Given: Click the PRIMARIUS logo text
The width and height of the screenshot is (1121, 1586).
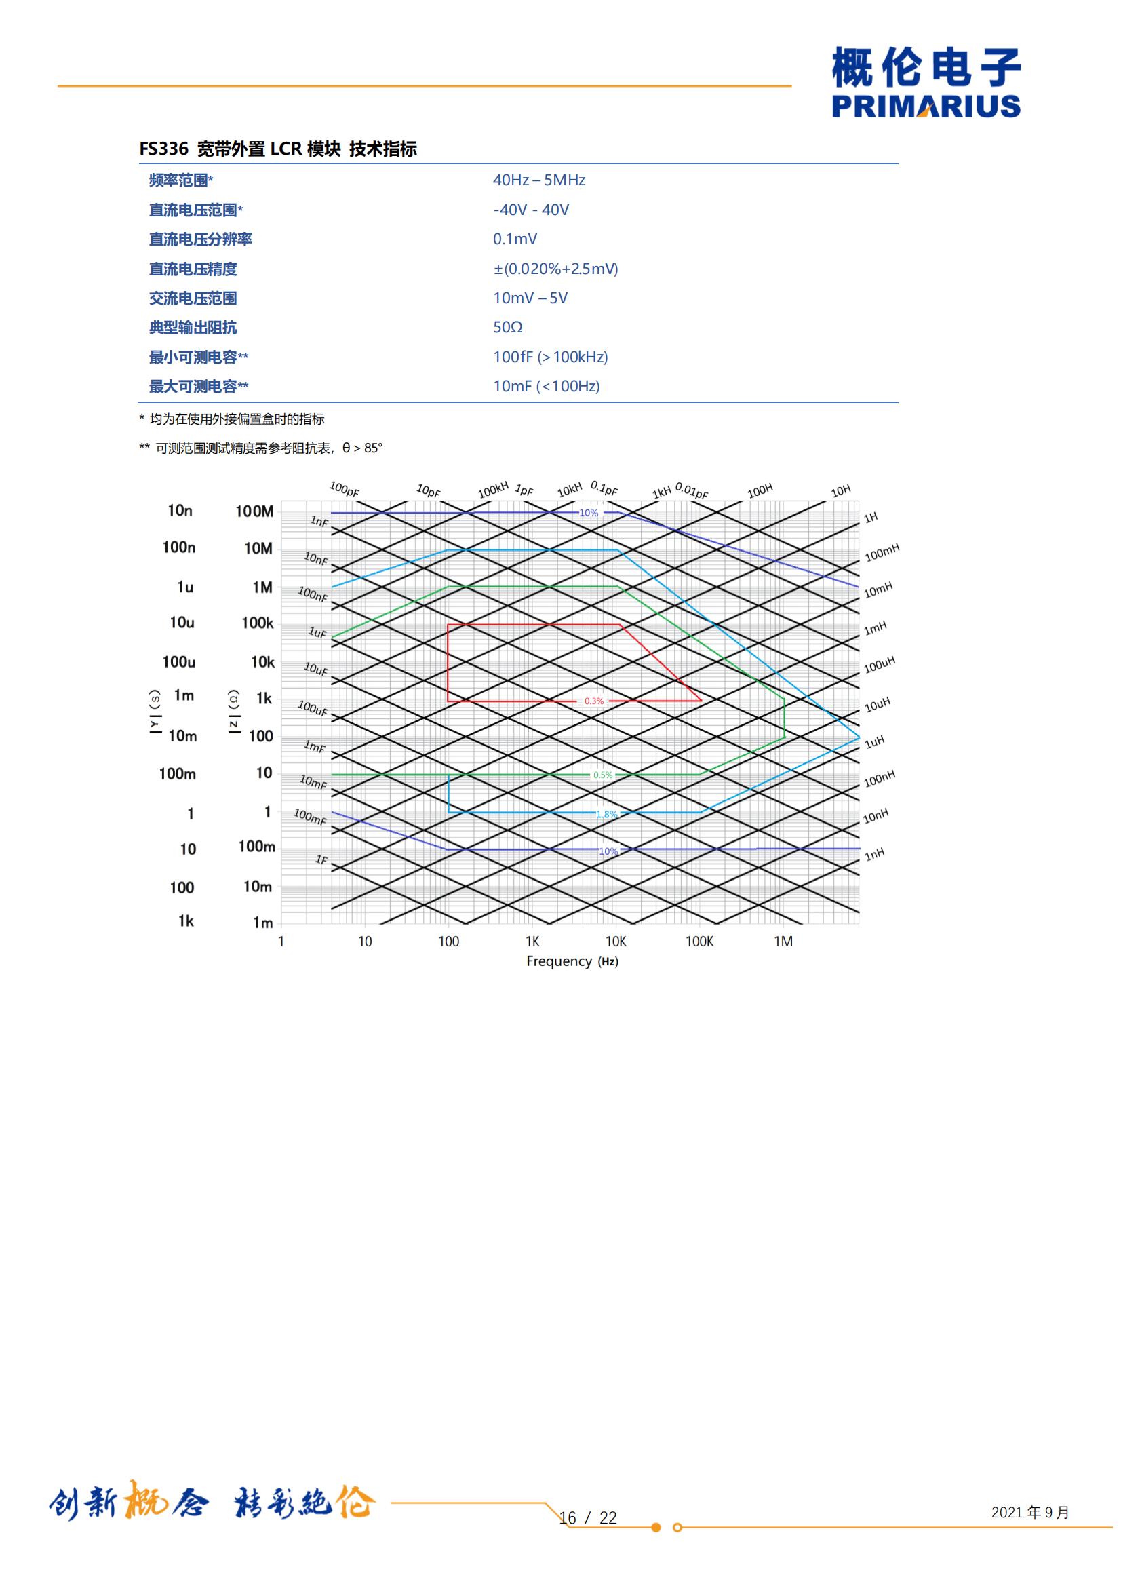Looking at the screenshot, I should (926, 107).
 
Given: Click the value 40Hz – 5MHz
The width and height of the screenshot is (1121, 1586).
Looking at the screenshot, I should (538, 180).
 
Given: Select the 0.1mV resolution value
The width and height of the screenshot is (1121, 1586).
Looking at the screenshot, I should (515, 239).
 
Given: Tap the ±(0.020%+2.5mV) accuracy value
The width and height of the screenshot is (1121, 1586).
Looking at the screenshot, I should (555, 269).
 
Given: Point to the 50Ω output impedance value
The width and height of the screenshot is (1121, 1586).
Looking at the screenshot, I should (508, 328).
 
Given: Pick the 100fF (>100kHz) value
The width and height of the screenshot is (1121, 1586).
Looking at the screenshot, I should (551, 357).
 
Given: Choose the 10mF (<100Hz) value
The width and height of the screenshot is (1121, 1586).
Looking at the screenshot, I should (547, 386).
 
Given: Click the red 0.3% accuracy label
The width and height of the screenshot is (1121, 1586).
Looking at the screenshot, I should (593, 701).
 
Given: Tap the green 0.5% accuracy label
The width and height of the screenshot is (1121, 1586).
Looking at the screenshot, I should (602, 775).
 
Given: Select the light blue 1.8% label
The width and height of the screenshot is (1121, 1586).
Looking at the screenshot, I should (606, 815).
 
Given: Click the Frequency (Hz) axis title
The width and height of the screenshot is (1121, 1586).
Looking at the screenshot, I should (572, 961).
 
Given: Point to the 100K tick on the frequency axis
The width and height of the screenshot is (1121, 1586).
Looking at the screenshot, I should (699, 942).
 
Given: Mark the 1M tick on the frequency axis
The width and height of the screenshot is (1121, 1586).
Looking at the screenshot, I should (783, 942).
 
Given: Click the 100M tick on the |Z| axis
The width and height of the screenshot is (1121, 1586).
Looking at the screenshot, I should (254, 511).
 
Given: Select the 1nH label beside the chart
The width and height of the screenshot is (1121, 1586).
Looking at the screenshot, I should (874, 855).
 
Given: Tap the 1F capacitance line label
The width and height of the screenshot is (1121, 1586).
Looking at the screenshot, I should (321, 859).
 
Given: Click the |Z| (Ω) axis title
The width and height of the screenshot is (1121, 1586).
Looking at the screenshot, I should (233, 712).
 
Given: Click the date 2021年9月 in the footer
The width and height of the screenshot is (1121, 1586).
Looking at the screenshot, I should (1030, 1512).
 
